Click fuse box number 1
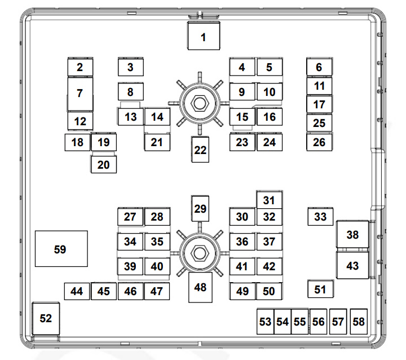pyautogui.click(x=204, y=36)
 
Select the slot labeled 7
pyautogui.click(x=80, y=94)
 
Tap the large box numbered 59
pyautogui.click(x=61, y=248)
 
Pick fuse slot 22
pyautogui.click(x=200, y=150)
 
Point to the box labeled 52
pyautogui.click(x=46, y=319)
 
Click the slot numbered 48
pyautogui.click(x=200, y=287)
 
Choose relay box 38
pyautogui.click(x=352, y=234)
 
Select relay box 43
pyautogui.click(x=352, y=265)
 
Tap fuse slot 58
pyautogui.click(x=359, y=322)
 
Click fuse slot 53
pyautogui.click(x=266, y=322)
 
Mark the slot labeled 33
pyautogui.click(x=320, y=217)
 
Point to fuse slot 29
pyautogui.click(x=200, y=209)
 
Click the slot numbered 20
pyautogui.click(x=104, y=165)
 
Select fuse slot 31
pyautogui.click(x=270, y=200)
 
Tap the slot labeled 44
pyautogui.click(x=77, y=291)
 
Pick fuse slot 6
pyautogui.click(x=319, y=67)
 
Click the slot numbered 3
pyautogui.click(x=130, y=67)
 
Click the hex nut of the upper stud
pyautogui.click(x=200, y=103)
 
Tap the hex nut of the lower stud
pyautogui.click(x=200, y=253)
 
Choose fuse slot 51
pyautogui.click(x=320, y=289)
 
